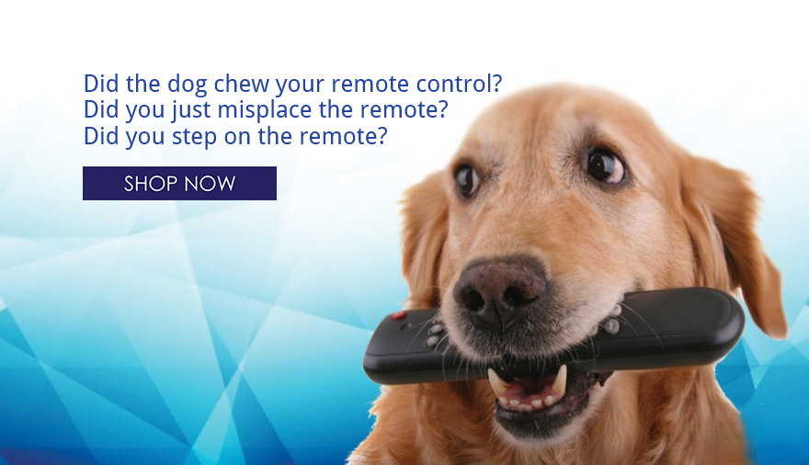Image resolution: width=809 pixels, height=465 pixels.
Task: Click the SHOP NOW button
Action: tap(179, 183)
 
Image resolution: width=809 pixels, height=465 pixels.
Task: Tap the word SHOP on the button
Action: tap(150, 184)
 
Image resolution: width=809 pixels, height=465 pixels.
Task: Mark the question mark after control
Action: tap(496, 84)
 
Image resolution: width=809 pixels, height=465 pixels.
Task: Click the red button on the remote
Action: tap(399, 315)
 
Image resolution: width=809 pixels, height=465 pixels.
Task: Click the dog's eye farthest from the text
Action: tap(605, 165)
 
